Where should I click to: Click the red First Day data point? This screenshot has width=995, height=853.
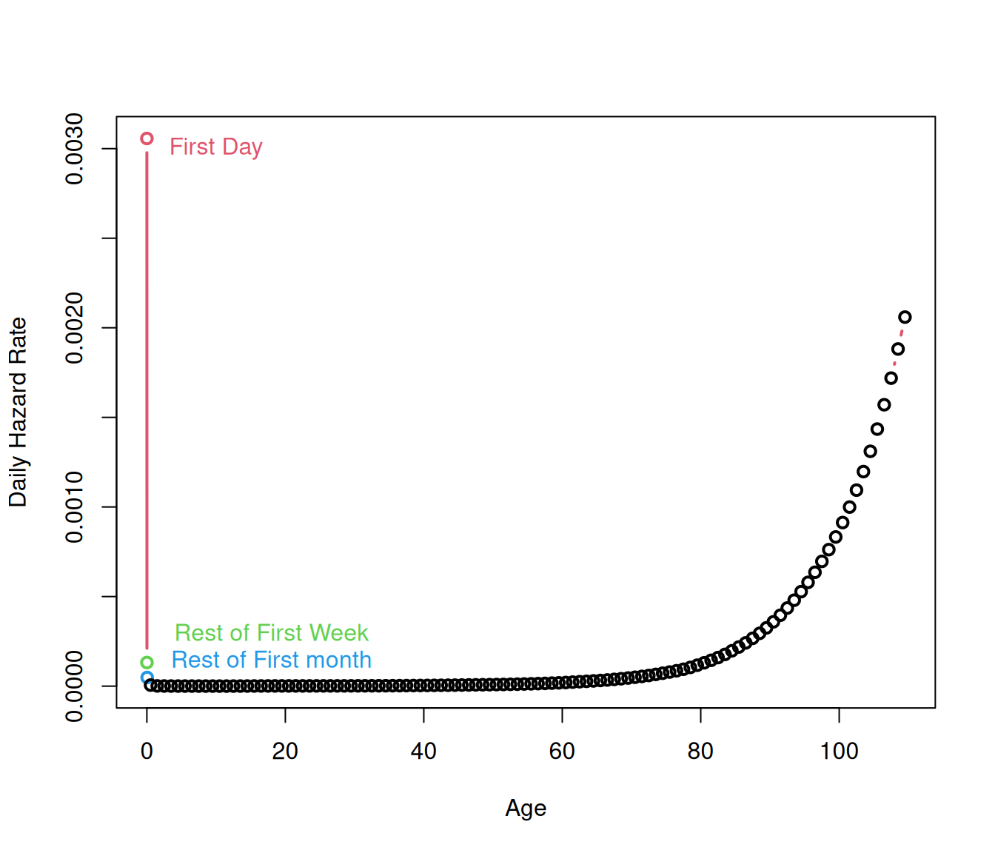point(147,138)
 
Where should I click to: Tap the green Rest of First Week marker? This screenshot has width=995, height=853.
point(147,663)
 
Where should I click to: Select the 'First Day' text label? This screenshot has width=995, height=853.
point(215,147)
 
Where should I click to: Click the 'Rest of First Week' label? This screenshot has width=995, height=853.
point(271,633)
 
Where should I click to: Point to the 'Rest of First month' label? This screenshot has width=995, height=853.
point(271,660)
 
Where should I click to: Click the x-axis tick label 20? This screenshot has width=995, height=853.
point(285,751)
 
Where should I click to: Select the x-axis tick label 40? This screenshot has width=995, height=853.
point(423,751)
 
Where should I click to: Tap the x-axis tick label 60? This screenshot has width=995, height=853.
point(562,751)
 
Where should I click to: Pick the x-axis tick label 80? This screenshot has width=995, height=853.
point(700,751)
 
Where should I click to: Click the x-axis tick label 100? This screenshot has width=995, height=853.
point(839,751)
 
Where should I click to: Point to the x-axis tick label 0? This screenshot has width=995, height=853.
point(147,751)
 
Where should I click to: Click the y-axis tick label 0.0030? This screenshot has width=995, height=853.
point(75,149)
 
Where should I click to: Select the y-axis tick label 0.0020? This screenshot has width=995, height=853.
point(75,328)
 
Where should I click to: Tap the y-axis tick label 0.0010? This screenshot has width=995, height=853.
point(75,507)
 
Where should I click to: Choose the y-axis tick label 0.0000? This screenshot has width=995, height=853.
point(75,686)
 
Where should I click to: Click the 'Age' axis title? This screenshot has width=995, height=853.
point(526,808)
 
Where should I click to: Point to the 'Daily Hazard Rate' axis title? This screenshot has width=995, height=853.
point(18,412)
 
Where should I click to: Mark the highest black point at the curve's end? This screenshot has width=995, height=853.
point(905,317)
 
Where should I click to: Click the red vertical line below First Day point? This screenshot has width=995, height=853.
point(147,400)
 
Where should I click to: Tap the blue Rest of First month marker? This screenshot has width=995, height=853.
point(146,677)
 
